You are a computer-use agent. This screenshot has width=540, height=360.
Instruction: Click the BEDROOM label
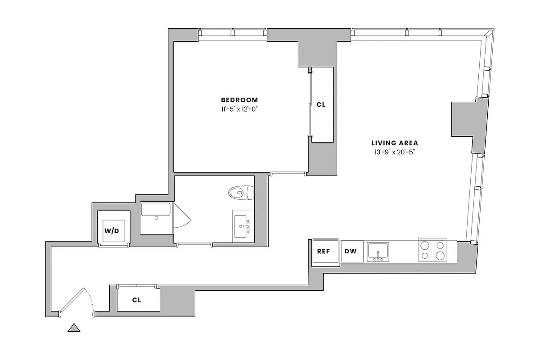point(239,100)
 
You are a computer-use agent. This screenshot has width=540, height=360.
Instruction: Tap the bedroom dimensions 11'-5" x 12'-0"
point(239,109)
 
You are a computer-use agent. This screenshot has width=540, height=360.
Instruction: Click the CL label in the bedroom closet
point(321,104)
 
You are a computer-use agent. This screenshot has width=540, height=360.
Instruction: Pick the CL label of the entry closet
point(137,300)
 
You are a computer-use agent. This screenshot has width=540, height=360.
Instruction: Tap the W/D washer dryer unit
point(112,231)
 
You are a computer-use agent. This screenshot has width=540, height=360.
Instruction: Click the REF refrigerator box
point(324,252)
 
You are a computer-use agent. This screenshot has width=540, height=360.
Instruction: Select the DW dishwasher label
point(351,252)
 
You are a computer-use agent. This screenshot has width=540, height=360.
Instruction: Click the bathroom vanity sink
point(242,224)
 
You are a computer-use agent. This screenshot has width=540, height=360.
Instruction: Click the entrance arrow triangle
point(74,328)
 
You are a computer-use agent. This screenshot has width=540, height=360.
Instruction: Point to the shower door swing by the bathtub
point(182,217)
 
